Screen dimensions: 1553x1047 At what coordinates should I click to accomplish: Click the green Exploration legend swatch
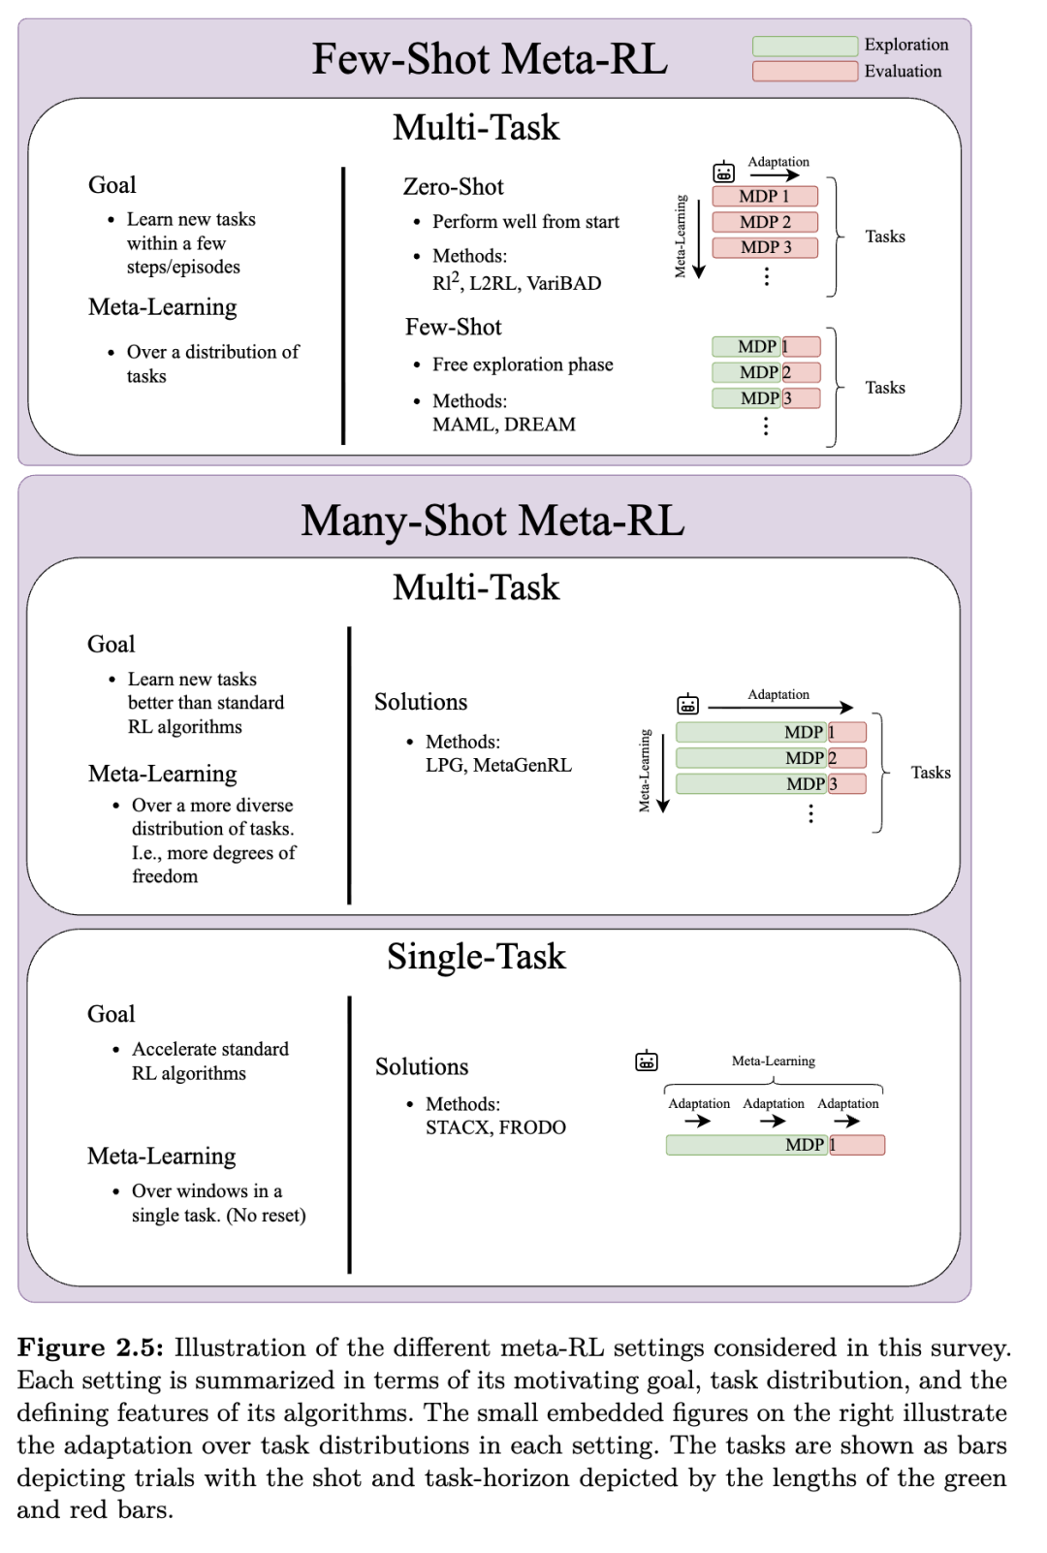tap(805, 46)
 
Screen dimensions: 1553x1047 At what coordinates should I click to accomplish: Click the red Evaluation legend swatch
tap(805, 71)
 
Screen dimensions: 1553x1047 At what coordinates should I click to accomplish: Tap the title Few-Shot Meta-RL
tap(490, 59)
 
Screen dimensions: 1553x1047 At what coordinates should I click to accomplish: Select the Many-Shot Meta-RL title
tap(492, 521)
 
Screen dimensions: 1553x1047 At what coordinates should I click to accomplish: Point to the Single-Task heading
tap(476, 957)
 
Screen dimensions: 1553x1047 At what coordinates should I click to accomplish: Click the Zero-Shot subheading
tap(454, 186)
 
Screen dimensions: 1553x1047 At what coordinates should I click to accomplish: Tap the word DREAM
tap(540, 425)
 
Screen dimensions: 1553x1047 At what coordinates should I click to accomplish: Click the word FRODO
tap(532, 1127)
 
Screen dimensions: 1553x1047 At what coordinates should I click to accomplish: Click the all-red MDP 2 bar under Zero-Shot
tap(765, 222)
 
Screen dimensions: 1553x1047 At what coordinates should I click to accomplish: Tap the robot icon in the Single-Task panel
tap(647, 1062)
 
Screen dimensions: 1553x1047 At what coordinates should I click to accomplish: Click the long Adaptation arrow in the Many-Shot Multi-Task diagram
tap(780, 708)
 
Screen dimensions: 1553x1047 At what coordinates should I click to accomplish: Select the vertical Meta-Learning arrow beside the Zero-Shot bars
tap(699, 238)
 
